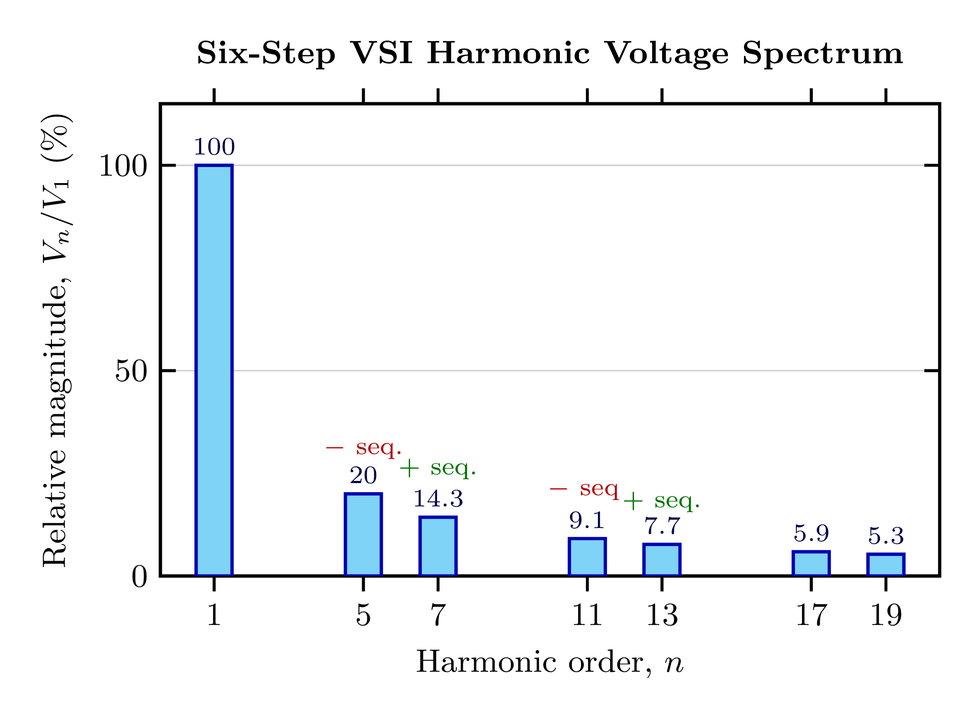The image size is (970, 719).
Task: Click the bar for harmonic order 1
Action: point(214,370)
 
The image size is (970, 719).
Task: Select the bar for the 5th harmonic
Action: point(363,535)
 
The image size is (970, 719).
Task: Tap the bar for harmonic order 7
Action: point(437,546)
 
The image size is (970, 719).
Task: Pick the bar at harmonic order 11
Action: point(587,557)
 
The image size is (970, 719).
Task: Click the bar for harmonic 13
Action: point(661,560)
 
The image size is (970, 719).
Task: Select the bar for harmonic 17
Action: point(811,564)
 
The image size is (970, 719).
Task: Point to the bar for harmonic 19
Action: point(885,565)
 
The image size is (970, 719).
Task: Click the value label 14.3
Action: point(437,499)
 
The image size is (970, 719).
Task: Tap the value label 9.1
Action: point(586,521)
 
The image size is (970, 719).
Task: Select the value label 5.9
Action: point(811,534)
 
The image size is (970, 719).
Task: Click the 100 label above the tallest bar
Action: point(214,147)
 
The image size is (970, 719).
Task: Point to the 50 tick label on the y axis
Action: point(131,371)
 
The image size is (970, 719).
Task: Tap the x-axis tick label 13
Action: point(661,616)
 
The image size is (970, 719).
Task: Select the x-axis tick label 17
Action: point(811,616)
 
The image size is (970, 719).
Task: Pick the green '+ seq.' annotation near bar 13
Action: point(661,501)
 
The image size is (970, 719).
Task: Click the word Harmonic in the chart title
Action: point(508,54)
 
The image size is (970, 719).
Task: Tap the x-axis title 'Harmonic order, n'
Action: point(550,663)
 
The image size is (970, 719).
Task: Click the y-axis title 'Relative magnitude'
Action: point(55,426)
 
